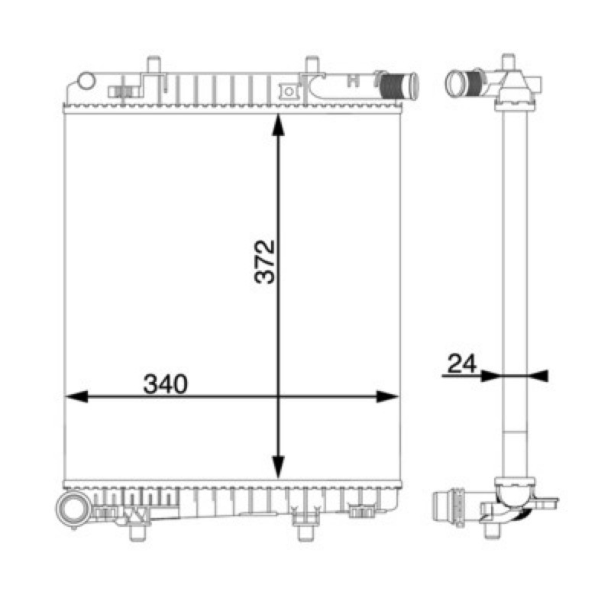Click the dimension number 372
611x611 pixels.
pos(264,262)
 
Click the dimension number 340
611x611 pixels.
pos(166,384)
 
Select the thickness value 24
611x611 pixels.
pos(462,364)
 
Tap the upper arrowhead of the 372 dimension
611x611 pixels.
pos(278,124)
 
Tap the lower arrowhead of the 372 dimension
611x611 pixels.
pos(278,467)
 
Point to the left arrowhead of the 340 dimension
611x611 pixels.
pos(76,396)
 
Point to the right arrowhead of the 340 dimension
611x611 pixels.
pos(388,396)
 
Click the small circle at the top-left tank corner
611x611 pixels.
pos(86,81)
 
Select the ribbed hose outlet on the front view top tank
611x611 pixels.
pos(397,85)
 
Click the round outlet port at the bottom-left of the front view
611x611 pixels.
pos(73,509)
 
